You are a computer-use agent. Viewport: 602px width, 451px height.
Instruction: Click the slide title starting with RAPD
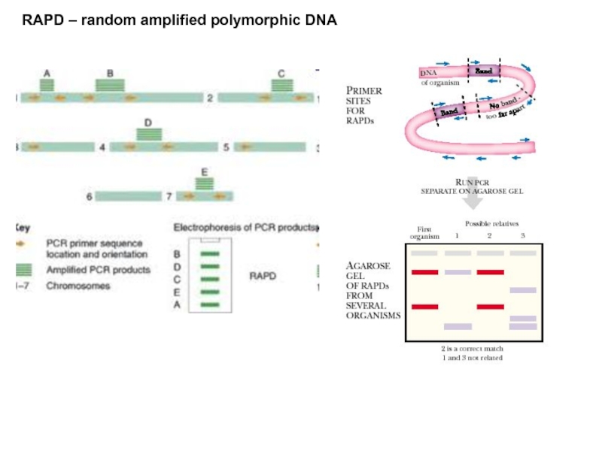click(179, 20)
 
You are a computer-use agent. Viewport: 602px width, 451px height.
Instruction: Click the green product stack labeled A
click(47, 85)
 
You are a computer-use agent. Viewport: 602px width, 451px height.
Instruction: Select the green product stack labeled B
click(110, 85)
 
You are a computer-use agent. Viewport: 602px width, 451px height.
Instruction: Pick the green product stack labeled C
click(281, 85)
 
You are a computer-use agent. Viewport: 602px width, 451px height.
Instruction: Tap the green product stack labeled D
click(148, 134)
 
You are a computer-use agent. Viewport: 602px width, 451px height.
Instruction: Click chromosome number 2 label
click(210, 98)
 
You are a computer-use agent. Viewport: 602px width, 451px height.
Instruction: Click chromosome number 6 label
click(89, 196)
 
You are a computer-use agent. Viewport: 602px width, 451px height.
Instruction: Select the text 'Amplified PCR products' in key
click(98, 269)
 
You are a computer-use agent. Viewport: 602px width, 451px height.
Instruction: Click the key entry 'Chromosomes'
click(78, 286)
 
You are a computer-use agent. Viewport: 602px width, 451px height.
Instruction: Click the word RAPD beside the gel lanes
click(263, 276)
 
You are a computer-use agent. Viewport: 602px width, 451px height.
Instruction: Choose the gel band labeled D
click(210, 266)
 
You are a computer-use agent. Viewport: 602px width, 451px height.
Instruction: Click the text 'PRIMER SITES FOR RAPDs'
click(363, 105)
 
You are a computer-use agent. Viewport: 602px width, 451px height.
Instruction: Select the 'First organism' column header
click(424, 232)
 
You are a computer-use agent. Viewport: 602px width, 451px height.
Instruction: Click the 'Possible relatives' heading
click(491, 223)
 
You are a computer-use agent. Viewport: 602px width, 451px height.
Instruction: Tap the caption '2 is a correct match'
click(472, 349)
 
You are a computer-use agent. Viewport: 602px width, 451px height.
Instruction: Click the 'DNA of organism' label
click(435, 77)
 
